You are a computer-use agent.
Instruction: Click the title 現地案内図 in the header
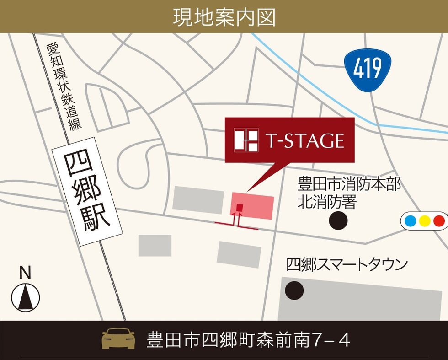[224, 16]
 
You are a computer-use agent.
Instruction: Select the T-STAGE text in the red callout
[304, 140]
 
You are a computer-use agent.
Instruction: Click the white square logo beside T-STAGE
[246, 140]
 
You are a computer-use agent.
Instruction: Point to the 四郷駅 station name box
[88, 191]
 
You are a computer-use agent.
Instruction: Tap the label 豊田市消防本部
[349, 185]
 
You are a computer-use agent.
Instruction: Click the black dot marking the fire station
[338, 220]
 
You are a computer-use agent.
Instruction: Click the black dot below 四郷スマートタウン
[294, 290]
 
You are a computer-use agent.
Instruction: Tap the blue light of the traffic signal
[411, 221]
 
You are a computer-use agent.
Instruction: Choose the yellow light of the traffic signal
[425, 221]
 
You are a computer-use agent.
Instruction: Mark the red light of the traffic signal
[439, 221]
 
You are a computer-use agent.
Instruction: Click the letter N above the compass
[25, 274]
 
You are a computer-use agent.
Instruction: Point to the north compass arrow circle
[26, 297]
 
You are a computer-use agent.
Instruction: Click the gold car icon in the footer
[118, 339]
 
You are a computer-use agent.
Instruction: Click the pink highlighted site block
[258, 205]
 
